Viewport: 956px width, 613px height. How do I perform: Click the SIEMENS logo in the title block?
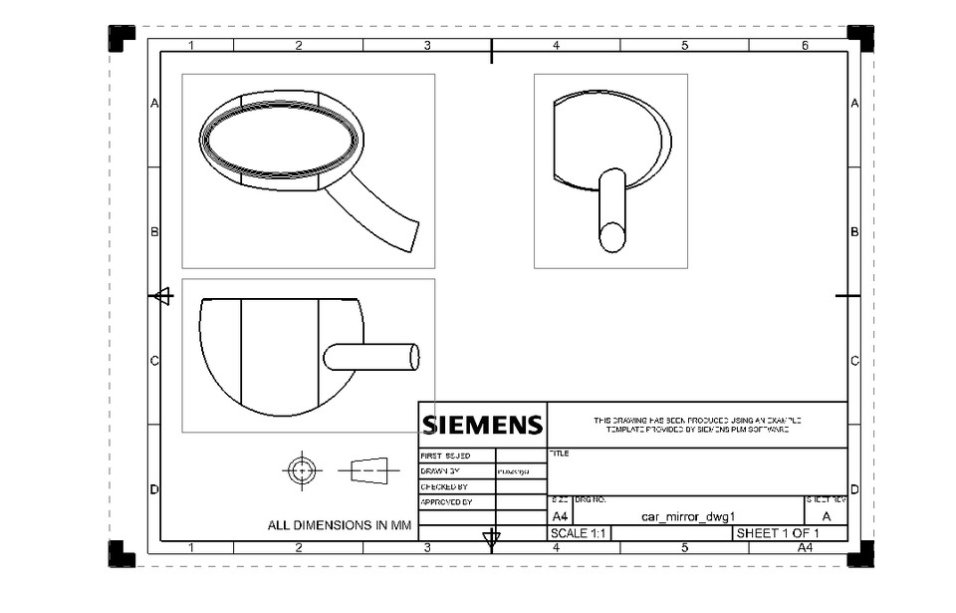click(x=482, y=426)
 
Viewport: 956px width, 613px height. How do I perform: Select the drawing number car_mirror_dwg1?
click(x=687, y=517)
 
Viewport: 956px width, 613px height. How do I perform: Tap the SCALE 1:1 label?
click(x=579, y=534)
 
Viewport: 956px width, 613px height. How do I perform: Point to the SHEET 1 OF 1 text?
click(x=777, y=534)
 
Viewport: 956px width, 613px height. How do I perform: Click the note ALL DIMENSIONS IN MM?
click(x=339, y=525)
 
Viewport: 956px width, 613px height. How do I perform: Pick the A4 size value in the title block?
click(x=561, y=517)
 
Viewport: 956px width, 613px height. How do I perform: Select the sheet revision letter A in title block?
click(x=826, y=517)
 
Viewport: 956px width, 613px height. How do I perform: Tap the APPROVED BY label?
click(x=445, y=502)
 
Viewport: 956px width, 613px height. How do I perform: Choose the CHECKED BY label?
click(x=444, y=486)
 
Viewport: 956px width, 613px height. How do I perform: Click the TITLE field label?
click(x=560, y=454)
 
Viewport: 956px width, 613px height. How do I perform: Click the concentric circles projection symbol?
click(x=302, y=469)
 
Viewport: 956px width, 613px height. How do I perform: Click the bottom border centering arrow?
click(x=491, y=540)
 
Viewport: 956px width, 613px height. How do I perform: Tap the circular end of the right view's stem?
click(x=611, y=237)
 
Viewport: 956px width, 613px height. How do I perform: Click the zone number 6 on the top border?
click(x=805, y=46)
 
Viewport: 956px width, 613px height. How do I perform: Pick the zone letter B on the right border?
click(x=854, y=231)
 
